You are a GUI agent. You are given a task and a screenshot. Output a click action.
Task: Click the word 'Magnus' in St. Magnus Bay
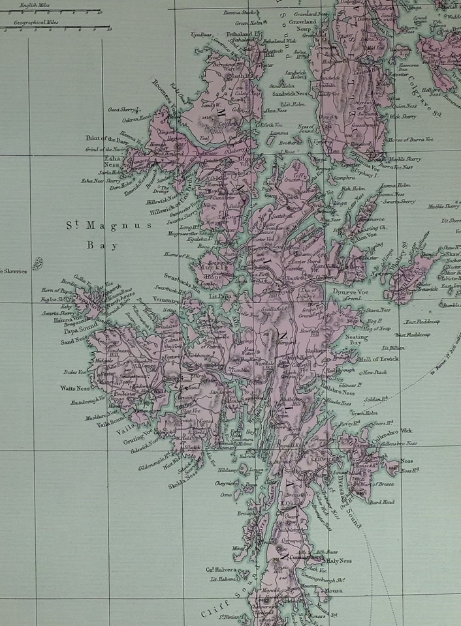[125, 226]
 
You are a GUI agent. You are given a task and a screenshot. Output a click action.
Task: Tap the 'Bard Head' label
[381, 502]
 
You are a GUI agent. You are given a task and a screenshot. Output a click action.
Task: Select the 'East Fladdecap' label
[421, 321]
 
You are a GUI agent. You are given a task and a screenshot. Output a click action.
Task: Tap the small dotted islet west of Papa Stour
[37, 263]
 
